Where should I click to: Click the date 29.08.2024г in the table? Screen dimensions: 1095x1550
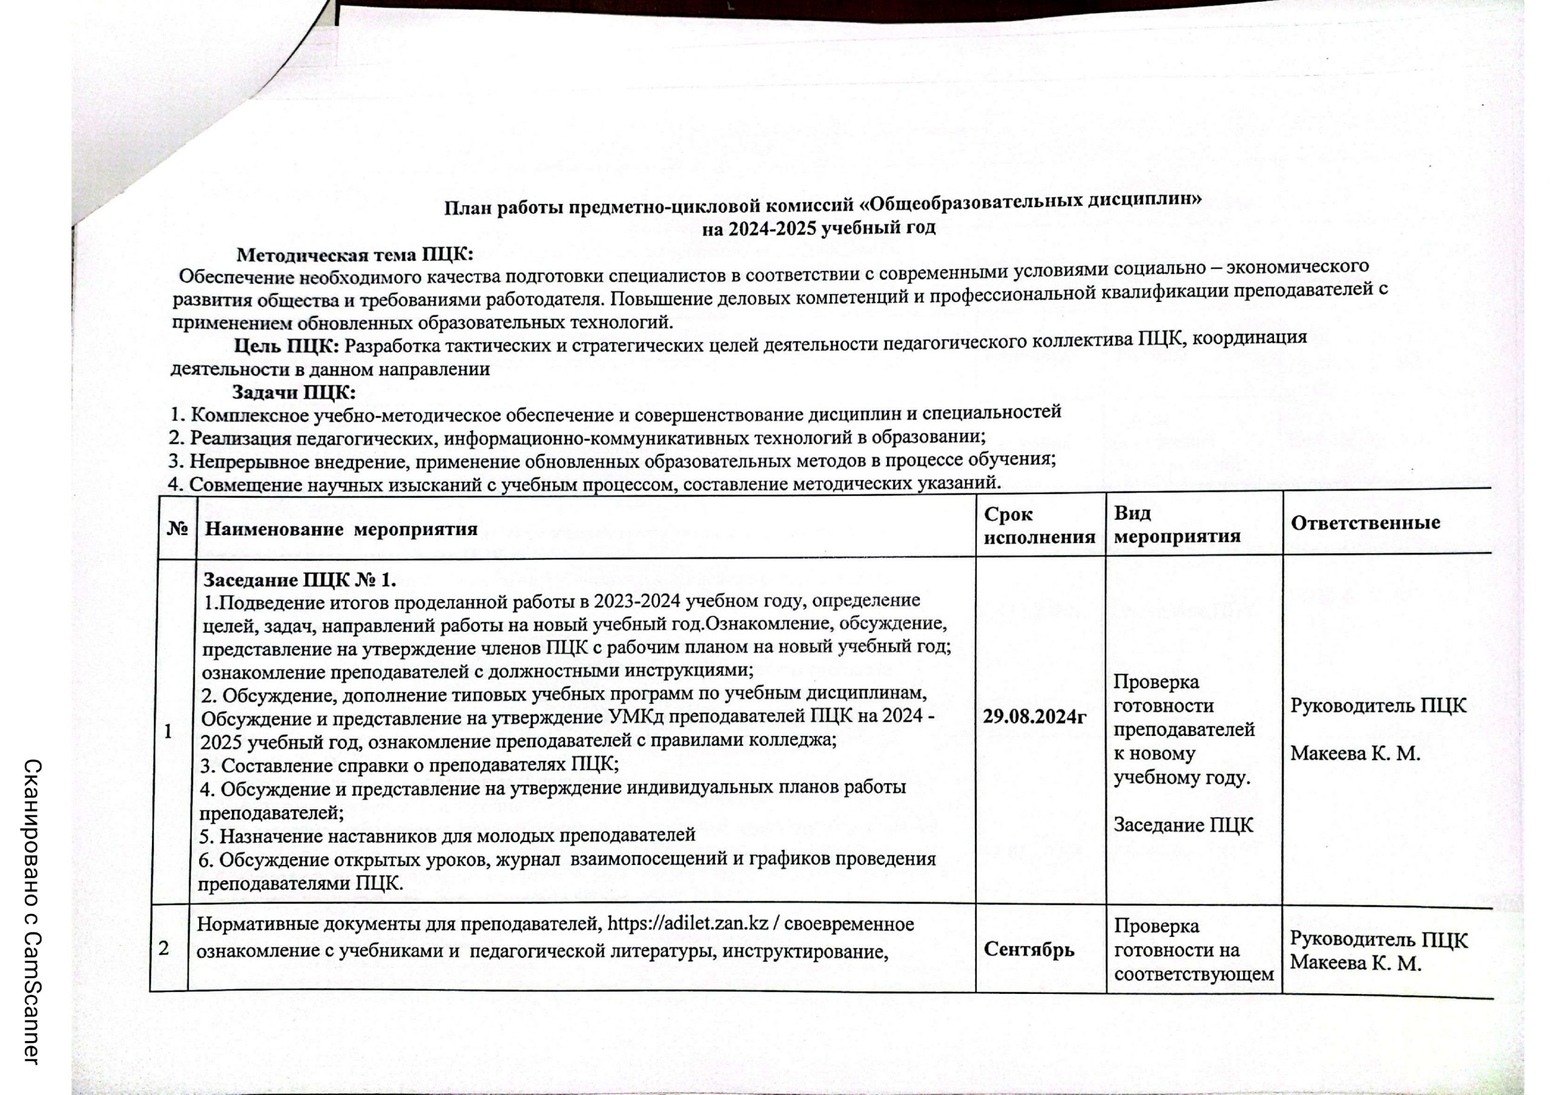1034,717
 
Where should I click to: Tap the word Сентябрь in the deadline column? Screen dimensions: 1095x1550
1028,949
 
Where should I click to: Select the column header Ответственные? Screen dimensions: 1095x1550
1365,522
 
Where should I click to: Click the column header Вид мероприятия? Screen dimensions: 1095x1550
1176,525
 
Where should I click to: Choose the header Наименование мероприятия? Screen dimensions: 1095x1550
341,528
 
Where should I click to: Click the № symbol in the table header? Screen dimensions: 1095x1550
177,528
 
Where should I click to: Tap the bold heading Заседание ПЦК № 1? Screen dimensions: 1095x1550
300,580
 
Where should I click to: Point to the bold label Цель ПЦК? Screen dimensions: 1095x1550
286,346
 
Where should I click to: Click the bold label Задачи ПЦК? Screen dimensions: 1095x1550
294,392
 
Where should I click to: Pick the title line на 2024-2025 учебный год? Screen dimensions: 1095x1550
818,228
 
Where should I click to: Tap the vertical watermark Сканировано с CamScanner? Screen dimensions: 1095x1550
33,912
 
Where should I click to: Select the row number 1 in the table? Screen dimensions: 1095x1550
168,731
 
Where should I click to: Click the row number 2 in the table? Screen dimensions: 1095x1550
164,949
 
